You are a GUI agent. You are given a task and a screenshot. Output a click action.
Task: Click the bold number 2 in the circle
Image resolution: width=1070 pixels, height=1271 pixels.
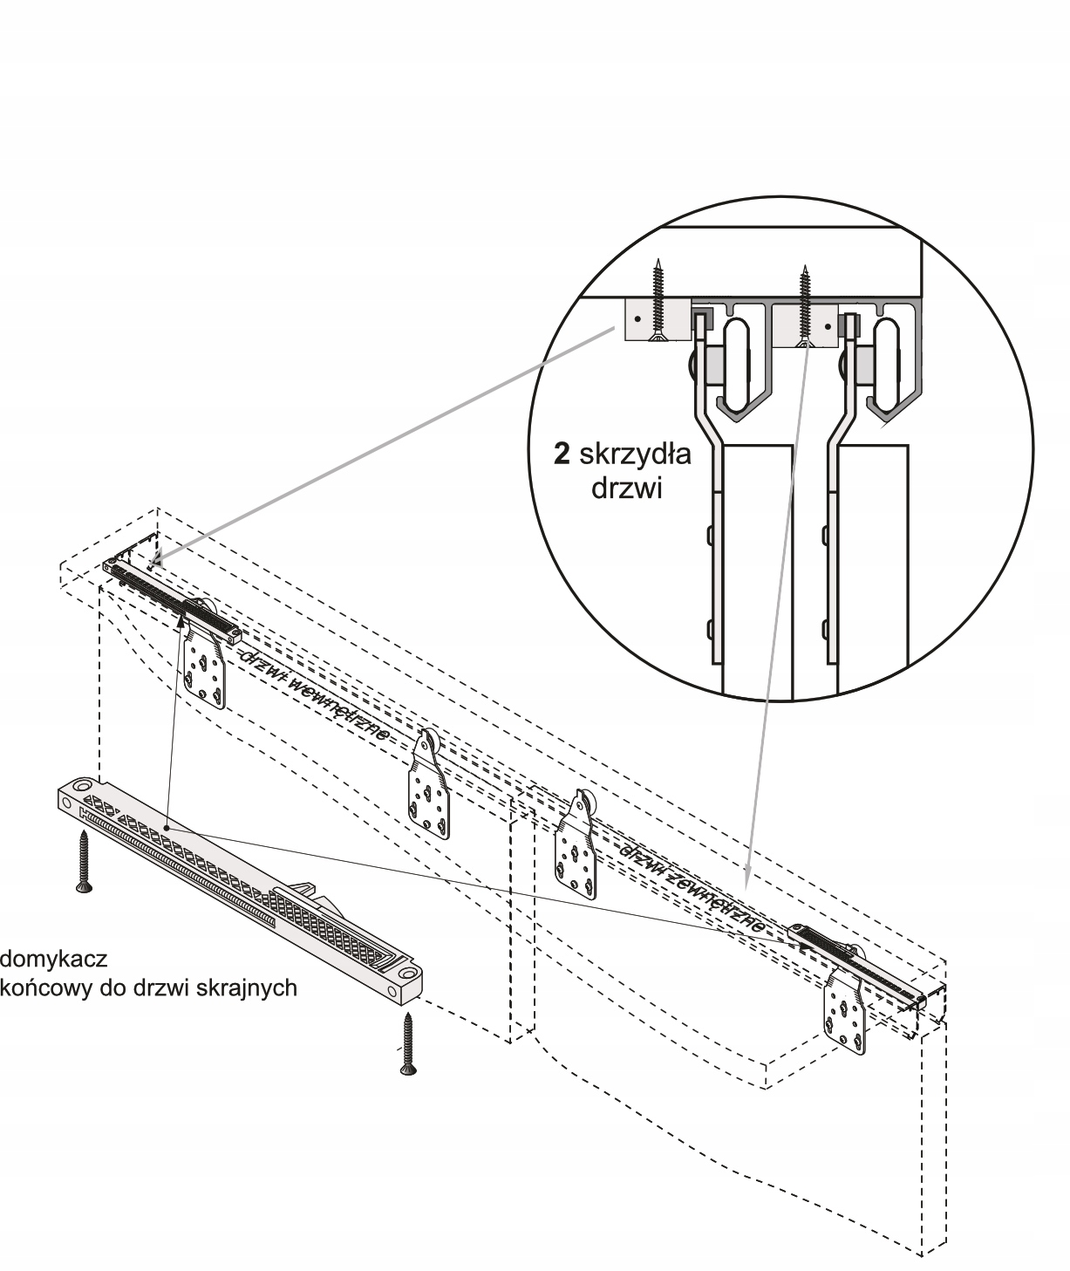click(x=562, y=454)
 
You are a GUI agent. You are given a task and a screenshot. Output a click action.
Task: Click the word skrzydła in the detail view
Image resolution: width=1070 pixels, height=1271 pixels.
click(x=635, y=454)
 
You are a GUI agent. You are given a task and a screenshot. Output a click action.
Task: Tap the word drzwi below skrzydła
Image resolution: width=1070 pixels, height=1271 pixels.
click(x=626, y=489)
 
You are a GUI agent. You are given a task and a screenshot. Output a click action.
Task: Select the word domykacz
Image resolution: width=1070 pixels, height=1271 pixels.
click(x=53, y=959)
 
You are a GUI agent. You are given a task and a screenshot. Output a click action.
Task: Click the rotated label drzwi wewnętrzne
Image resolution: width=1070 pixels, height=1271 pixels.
click(x=316, y=696)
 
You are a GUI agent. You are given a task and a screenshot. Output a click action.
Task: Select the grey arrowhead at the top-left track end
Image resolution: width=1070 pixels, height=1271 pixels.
click(x=158, y=558)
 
